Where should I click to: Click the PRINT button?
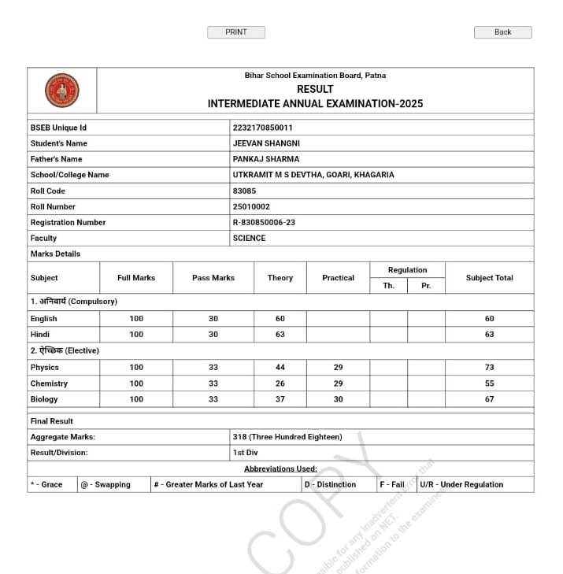click(x=235, y=32)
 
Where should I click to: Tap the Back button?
click(x=502, y=32)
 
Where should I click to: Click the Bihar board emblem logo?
click(x=61, y=91)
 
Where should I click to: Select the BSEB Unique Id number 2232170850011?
click(x=263, y=128)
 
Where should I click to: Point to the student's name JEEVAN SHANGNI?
click(x=266, y=143)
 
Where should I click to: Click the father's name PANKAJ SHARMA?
click(x=266, y=159)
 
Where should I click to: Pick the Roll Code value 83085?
click(x=244, y=191)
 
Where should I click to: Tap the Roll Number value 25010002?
click(x=251, y=206)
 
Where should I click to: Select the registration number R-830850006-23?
click(x=264, y=222)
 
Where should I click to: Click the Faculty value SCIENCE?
click(x=249, y=238)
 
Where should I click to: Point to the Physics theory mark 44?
click(x=280, y=368)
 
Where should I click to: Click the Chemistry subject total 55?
click(x=489, y=383)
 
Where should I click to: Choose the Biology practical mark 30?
click(x=338, y=399)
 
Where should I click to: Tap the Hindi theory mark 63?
click(x=280, y=335)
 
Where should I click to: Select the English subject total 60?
click(x=489, y=319)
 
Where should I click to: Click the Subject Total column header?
click(x=489, y=278)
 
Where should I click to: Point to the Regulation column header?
click(x=407, y=270)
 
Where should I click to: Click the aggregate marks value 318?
click(x=287, y=436)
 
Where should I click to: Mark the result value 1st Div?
click(x=245, y=453)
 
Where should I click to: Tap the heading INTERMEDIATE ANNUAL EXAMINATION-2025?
click(x=315, y=104)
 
